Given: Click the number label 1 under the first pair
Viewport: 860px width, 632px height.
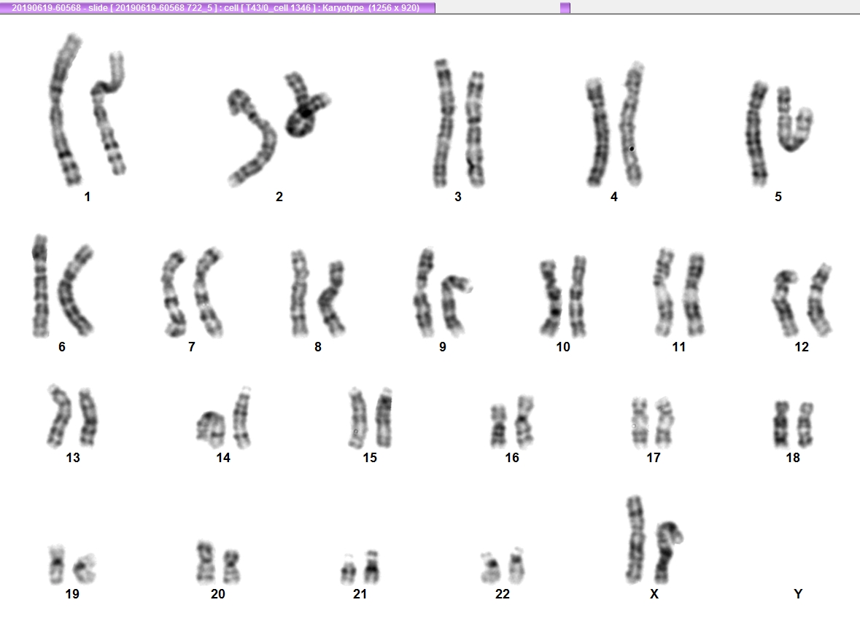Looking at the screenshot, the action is (x=88, y=197).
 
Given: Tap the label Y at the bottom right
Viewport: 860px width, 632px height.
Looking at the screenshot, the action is (x=798, y=593).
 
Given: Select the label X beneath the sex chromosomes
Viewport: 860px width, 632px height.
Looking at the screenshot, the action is (x=654, y=593).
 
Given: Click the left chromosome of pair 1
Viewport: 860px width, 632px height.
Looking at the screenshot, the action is (x=63, y=109).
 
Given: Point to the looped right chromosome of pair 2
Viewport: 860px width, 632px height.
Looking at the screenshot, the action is (x=303, y=107).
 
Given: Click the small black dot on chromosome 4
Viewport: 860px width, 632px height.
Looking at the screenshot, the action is (x=632, y=149).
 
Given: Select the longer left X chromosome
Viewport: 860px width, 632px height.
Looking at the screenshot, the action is (x=635, y=540).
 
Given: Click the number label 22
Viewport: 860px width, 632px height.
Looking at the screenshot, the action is (x=502, y=593).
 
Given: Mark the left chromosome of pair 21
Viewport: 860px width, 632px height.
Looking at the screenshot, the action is (x=348, y=569).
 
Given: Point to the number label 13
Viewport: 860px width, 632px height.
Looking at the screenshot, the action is (x=73, y=458).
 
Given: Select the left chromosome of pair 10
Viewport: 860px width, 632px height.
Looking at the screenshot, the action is (x=551, y=297).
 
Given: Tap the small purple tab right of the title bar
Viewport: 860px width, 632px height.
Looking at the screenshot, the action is (x=565, y=8).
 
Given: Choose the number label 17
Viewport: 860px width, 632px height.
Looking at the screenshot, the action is (x=654, y=458).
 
